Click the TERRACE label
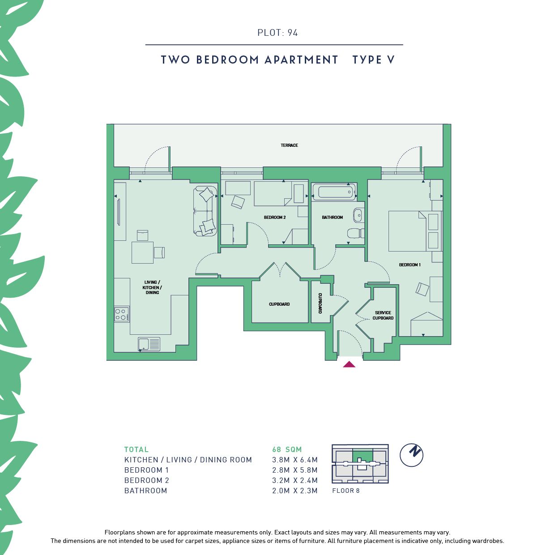coord(289,145)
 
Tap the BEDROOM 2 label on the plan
coord(275,217)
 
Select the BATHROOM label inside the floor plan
coord(333,217)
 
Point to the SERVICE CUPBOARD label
coord(383,315)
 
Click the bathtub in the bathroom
coord(334,192)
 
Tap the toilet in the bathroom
coord(356,233)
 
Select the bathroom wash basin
coord(358,215)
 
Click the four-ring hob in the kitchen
coord(122,314)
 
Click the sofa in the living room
coord(205,211)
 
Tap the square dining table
coord(142,252)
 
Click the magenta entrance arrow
coord(349,364)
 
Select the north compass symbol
coord(411,455)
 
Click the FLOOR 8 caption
coord(346,491)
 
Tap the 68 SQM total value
coord(287,449)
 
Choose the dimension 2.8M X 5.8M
coord(295,470)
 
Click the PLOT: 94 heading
coord(277,33)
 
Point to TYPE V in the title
coord(373,60)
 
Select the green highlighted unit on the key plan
coord(363,455)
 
